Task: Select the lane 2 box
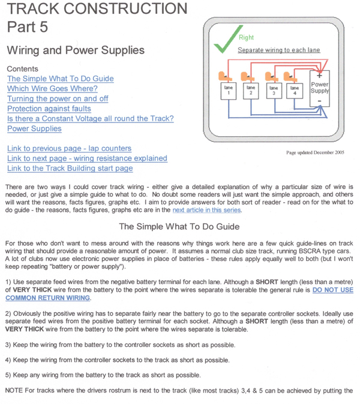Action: (251, 91)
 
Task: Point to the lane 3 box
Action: (273, 91)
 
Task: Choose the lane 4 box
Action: (294, 91)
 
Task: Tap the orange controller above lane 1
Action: (224, 76)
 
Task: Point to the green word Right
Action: (246, 37)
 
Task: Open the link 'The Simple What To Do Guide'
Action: (60, 79)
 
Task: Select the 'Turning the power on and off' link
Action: (58, 98)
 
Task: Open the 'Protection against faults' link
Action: (49, 109)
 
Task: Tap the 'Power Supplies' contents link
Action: (34, 128)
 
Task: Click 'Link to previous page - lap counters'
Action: (69, 148)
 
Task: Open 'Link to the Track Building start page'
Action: (70, 169)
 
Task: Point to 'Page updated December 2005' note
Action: (315, 153)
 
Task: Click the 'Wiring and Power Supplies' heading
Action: (76, 50)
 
